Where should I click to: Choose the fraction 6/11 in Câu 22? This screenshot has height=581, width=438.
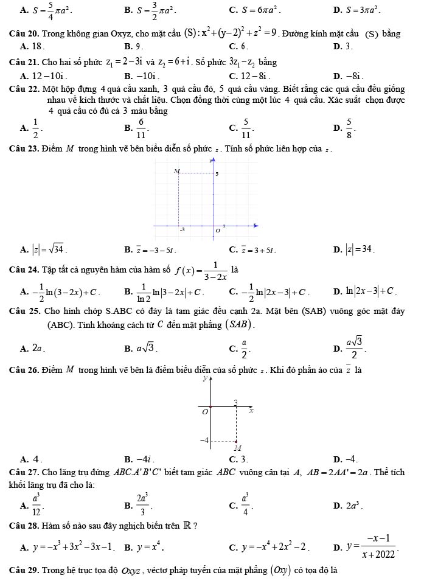tap(141, 127)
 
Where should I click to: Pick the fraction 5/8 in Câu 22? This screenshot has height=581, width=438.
tap(349, 127)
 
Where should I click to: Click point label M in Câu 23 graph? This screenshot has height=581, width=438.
tap(177, 172)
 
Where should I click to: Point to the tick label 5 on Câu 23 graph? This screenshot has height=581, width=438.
tap(217, 175)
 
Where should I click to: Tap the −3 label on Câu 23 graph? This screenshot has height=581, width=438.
tap(181, 230)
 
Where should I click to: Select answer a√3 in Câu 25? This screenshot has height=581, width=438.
tap(148, 349)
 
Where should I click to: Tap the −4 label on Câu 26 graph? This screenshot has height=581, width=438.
tap(206, 439)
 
